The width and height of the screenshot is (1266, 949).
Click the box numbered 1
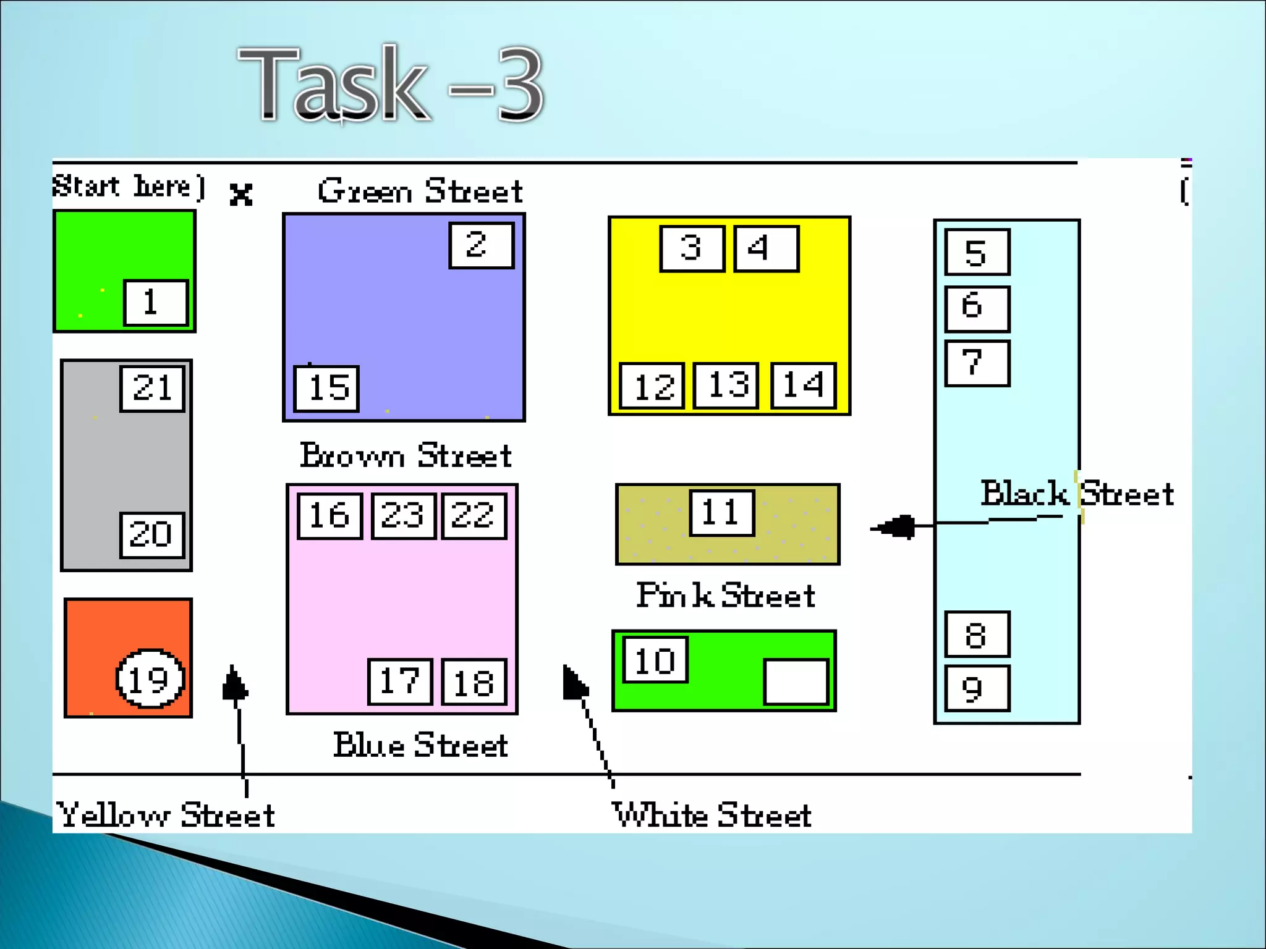pos(156,302)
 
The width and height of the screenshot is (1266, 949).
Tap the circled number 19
pos(150,679)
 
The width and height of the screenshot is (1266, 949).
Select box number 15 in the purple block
pos(327,388)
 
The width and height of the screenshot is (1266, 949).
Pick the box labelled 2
pos(482,245)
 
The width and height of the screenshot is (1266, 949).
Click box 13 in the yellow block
pos(726,386)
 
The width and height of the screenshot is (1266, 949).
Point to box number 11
pos(722,513)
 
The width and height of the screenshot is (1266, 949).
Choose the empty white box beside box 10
pos(796,681)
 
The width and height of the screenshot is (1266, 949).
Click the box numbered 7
pos(977,363)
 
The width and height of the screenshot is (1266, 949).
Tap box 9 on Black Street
pos(977,688)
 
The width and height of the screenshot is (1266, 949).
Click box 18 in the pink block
pos(474,682)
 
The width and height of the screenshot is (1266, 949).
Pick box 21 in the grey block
pos(153,389)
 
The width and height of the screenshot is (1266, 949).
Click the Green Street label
pos(420,191)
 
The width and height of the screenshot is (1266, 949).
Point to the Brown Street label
pos(406,456)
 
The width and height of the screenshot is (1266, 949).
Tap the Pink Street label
pos(726,596)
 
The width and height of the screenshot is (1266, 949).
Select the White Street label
pos(712,814)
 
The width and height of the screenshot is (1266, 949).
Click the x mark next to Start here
pos(240,195)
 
